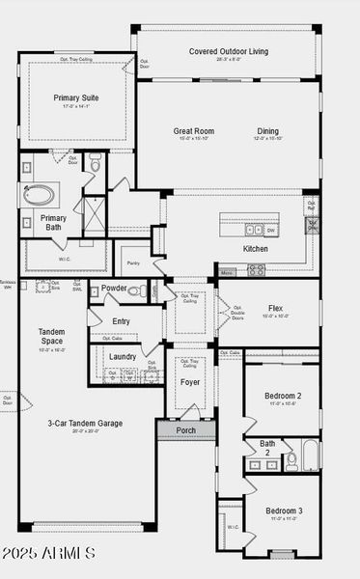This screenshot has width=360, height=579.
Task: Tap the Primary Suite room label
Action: [x=74, y=97]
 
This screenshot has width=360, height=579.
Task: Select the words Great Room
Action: [x=194, y=131]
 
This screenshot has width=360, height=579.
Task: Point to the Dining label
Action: [x=268, y=131]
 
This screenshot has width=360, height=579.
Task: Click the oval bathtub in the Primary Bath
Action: [x=39, y=194]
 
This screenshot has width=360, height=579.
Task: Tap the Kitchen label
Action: [x=256, y=249]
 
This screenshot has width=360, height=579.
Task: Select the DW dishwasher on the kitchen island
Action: [x=271, y=231]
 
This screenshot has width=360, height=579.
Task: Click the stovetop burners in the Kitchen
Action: [x=256, y=270]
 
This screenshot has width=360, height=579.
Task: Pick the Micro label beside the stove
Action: [x=227, y=273]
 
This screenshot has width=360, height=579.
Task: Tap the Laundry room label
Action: [x=123, y=357]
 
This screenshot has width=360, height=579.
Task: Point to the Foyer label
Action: [x=190, y=382]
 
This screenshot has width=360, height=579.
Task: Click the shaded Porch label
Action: [x=186, y=430]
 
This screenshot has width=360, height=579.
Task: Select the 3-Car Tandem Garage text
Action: [x=85, y=423]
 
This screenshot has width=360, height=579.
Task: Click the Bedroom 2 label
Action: [x=285, y=396]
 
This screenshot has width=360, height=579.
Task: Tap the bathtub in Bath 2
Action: [x=309, y=455]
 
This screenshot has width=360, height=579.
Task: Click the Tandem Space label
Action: [x=51, y=337]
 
